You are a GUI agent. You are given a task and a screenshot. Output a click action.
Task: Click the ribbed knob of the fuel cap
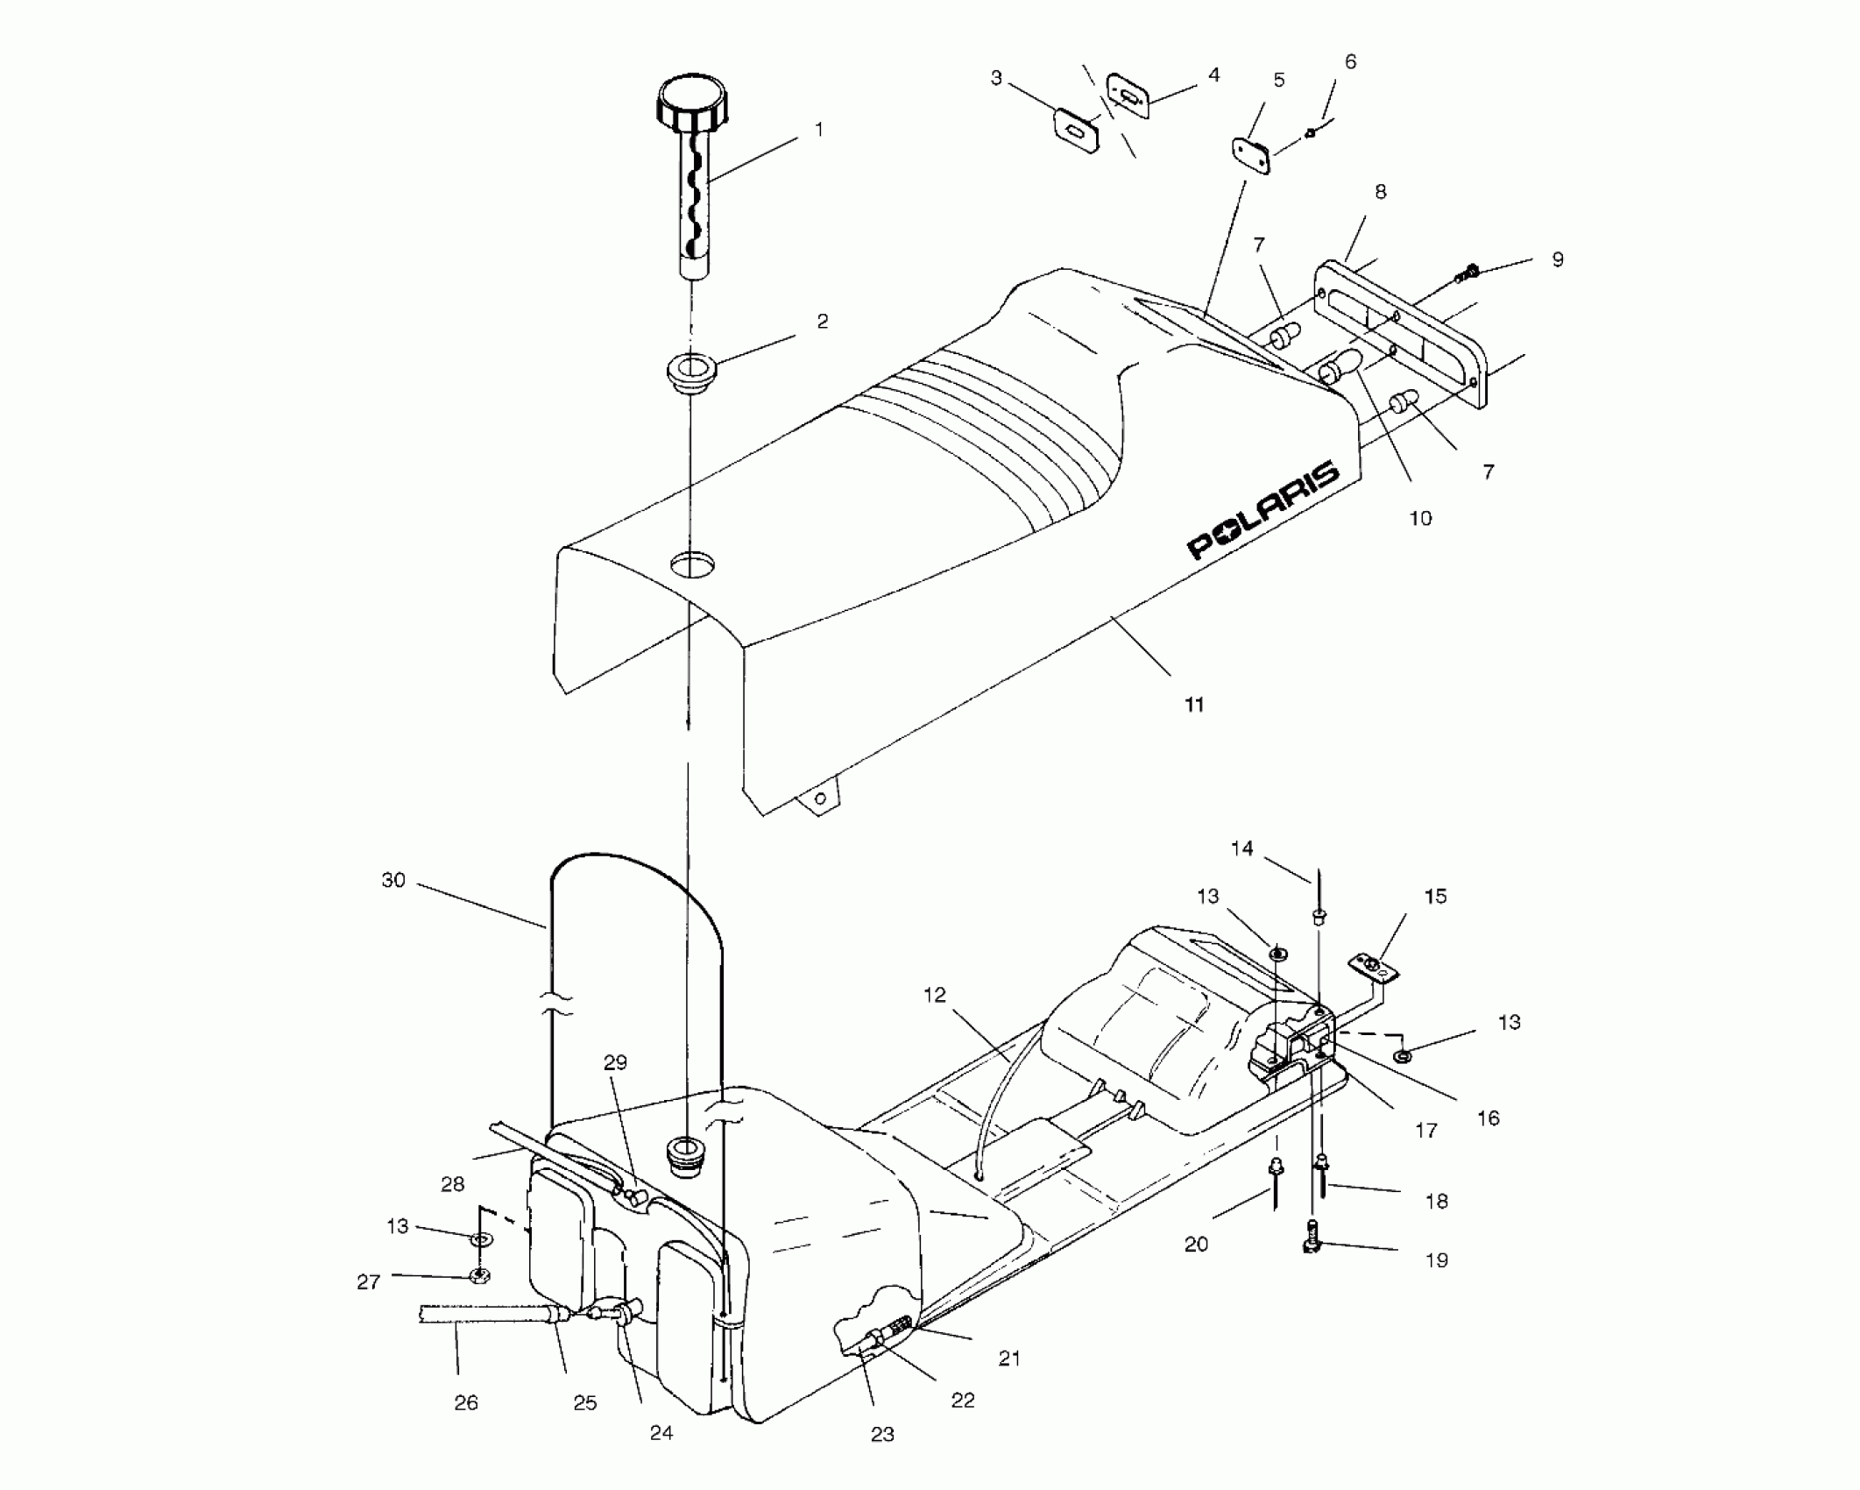click(692, 103)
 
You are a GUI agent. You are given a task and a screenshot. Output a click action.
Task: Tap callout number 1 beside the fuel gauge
click(819, 130)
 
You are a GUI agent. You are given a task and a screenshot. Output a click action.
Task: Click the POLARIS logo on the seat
click(1262, 511)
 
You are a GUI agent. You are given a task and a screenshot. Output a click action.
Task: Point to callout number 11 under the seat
click(1194, 705)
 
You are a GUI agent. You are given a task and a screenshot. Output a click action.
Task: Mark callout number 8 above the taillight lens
click(1381, 192)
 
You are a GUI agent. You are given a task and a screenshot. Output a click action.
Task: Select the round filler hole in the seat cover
click(692, 563)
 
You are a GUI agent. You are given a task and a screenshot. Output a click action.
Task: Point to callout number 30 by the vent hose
click(393, 880)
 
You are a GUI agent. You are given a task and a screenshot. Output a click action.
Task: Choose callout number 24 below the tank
click(661, 1431)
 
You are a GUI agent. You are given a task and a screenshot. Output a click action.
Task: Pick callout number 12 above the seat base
click(935, 996)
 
